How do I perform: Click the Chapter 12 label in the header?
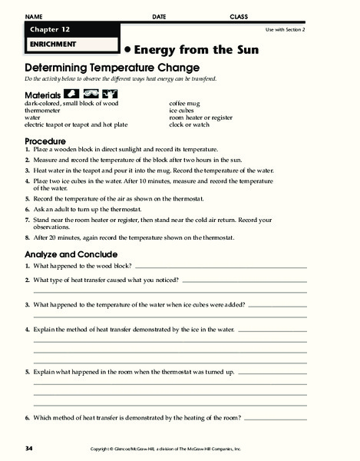coord(48,29)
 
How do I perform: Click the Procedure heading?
coord(45,141)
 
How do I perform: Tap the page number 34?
coord(28,448)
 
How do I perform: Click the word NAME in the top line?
coord(35,16)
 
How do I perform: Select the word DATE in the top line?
coord(159,16)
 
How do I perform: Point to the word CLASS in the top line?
coord(239,16)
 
